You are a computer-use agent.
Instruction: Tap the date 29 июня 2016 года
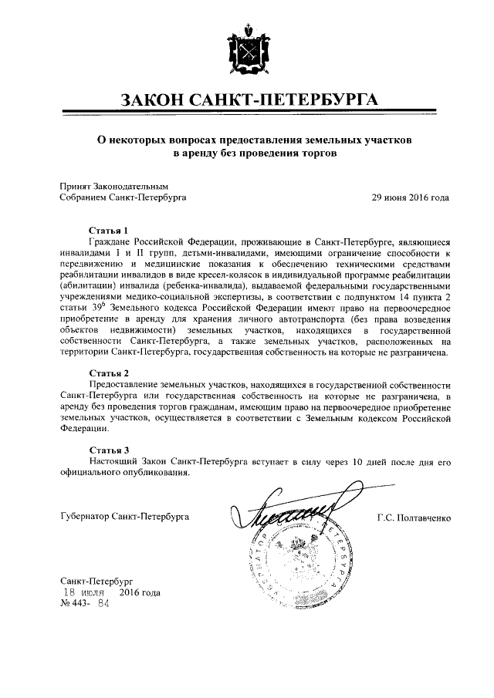410,197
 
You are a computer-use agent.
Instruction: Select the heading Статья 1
108,230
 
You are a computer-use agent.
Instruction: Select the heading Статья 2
108,373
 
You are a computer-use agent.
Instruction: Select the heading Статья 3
108,449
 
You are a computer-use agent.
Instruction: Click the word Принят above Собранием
75,186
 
